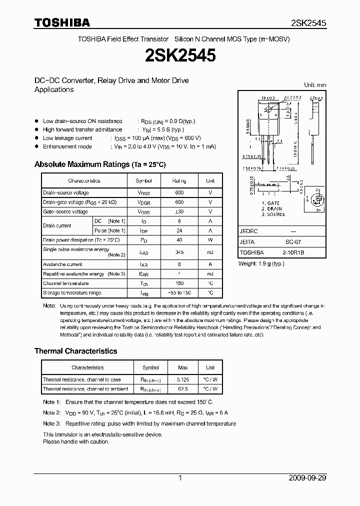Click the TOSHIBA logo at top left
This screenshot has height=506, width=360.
click(x=62, y=22)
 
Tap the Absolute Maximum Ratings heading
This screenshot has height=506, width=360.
click(x=99, y=164)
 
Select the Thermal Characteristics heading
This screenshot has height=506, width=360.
click(x=75, y=351)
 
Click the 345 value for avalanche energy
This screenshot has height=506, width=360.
click(x=179, y=252)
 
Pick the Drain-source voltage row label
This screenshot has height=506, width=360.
click(x=66, y=192)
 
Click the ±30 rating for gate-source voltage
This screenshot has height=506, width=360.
click(x=179, y=211)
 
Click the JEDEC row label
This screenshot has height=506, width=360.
click(x=248, y=232)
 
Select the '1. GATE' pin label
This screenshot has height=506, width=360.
click(x=271, y=203)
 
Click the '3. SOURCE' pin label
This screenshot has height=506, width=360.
click(x=273, y=214)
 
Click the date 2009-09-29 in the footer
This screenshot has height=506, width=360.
click(x=307, y=477)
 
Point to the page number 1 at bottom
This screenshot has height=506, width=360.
click(x=180, y=477)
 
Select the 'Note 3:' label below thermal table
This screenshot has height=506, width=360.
click(x=51, y=423)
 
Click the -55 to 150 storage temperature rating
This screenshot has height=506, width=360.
click(x=179, y=292)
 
